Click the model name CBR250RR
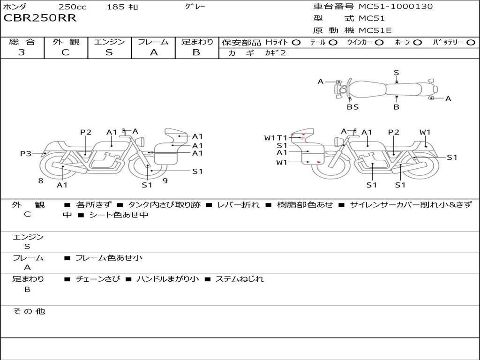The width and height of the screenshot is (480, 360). tap(40, 18)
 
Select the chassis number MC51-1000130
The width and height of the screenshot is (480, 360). tap(396, 7)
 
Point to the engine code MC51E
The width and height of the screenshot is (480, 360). tap(375, 30)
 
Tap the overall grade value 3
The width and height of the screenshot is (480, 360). tap(22, 52)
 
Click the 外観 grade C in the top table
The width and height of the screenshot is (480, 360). tap(65, 52)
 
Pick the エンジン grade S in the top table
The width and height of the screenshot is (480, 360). tap(109, 52)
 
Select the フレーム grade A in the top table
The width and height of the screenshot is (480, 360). tap(154, 52)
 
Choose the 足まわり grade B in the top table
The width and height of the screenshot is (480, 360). tap(196, 52)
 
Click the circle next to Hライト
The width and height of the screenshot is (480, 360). tap(296, 43)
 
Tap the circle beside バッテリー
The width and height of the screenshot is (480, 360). tap(471, 43)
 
